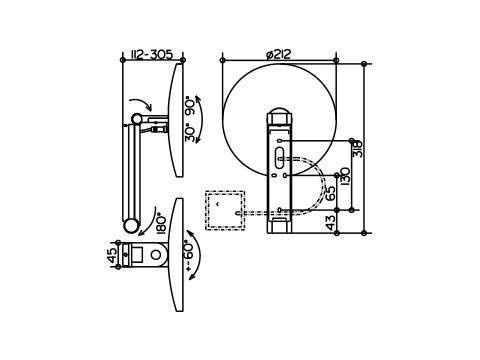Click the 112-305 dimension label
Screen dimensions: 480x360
pos(152,54)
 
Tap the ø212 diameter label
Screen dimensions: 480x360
pos(279,54)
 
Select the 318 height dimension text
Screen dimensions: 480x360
pos(357,149)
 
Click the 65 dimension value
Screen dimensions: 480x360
pos(330,193)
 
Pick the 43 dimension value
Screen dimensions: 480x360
pos(330,223)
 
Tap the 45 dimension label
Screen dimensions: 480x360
pos(113,255)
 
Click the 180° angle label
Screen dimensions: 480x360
pos(161,223)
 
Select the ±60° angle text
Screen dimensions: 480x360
pos(188,256)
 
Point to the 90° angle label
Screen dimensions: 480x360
pos(191,106)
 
